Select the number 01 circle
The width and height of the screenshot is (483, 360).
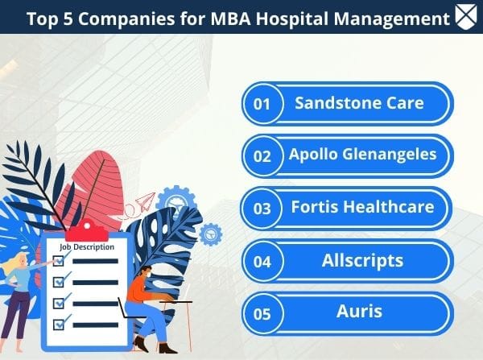pyautogui.click(x=262, y=104)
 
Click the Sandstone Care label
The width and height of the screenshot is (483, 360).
pyautogui.click(x=359, y=103)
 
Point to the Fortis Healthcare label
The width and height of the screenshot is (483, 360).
pyautogui.click(x=363, y=208)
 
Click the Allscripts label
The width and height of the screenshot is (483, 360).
pyautogui.click(x=362, y=261)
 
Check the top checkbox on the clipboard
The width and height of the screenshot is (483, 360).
pyautogui.click(x=58, y=261)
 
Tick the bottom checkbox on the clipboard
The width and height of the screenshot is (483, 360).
pyautogui.click(x=58, y=324)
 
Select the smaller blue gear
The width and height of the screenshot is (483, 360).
pyautogui.click(x=211, y=234)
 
